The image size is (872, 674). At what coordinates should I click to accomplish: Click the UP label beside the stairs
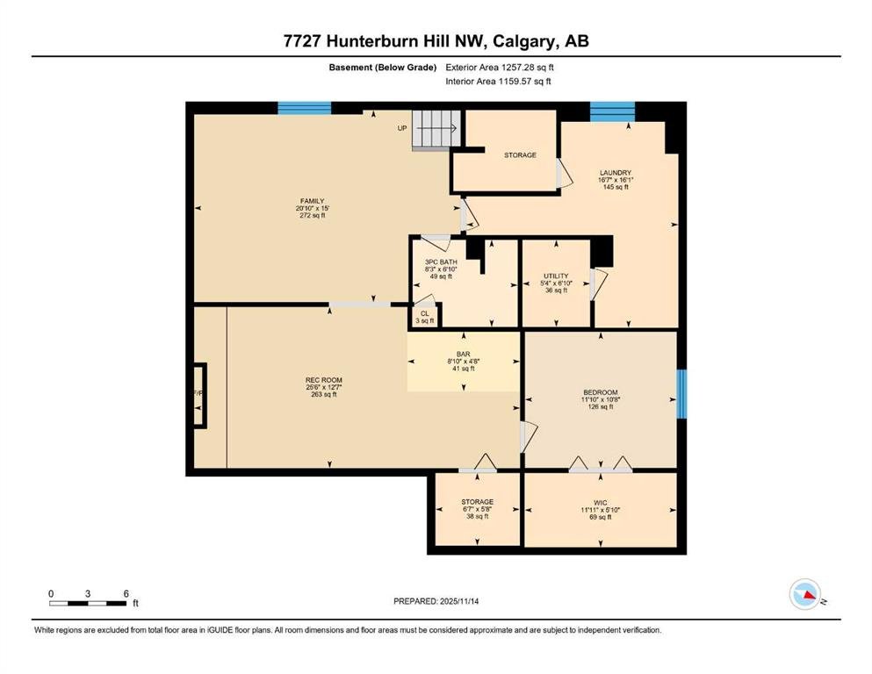402,128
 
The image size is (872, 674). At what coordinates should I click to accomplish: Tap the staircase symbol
436,130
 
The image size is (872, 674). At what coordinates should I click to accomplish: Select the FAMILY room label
312,201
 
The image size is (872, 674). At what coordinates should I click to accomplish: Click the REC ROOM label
324,380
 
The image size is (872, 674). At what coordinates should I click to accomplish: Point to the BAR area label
464,354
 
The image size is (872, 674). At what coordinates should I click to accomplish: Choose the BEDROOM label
600,392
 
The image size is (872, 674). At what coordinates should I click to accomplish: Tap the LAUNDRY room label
615,173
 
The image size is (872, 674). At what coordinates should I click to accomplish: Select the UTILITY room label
556,276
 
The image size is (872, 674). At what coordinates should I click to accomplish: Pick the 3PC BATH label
441,262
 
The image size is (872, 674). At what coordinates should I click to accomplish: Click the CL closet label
425,314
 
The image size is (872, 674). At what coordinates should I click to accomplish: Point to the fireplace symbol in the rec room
199,396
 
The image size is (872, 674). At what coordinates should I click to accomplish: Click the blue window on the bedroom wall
681,394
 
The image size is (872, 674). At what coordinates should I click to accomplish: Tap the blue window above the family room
304,108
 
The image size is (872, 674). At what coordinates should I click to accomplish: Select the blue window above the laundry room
612,111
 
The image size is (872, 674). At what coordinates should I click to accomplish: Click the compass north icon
805,594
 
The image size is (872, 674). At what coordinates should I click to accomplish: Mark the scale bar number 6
126,593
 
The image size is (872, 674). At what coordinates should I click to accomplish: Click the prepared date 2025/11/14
458,601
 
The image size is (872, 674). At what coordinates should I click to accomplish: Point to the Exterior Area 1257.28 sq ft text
500,68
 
